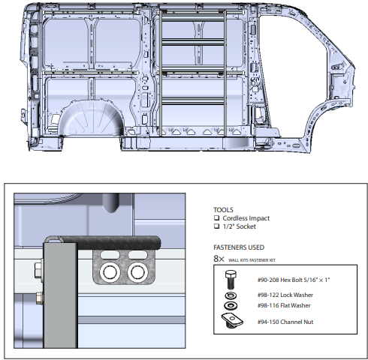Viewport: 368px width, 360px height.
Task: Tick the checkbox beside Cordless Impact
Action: [x=217, y=217]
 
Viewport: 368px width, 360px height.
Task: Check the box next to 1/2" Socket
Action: [x=217, y=227]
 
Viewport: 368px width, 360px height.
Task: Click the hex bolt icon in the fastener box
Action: [x=228, y=281]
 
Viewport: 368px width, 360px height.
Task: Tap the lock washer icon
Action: [x=228, y=296]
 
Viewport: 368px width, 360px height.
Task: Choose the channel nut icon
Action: [x=228, y=321]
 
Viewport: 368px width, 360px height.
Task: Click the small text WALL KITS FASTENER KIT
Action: [x=264, y=259]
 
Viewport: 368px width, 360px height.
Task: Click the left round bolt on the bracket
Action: [x=110, y=270]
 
